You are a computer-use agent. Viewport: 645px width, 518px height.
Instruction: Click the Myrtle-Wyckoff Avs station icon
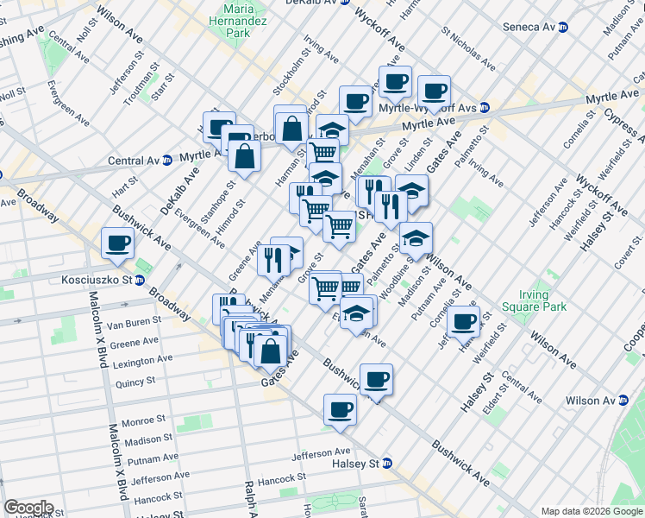[485, 108]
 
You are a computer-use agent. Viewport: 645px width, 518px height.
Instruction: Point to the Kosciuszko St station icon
[138, 280]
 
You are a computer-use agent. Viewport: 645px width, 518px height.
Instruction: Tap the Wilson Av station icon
[620, 401]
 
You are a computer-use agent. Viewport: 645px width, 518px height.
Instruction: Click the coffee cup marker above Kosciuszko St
[117, 243]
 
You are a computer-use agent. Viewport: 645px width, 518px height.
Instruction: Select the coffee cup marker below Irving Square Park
[463, 320]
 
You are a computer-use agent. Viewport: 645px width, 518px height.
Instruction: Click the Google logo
[28, 508]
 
